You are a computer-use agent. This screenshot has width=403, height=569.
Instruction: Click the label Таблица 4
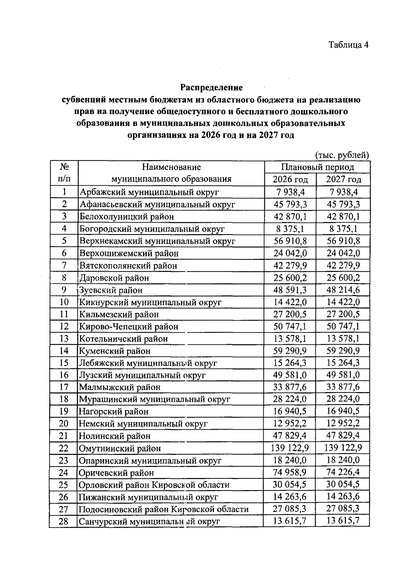pyautogui.click(x=348, y=45)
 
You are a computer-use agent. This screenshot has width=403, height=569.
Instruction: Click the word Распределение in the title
pyautogui.click(x=211, y=88)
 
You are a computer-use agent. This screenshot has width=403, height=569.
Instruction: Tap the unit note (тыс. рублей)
pyautogui.click(x=342, y=155)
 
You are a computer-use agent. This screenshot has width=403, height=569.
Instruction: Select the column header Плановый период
pyautogui.click(x=317, y=167)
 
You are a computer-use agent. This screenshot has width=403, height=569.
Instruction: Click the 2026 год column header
pyautogui.click(x=290, y=180)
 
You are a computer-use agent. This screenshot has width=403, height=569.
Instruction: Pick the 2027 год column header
pyautogui.click(x=344, y=180)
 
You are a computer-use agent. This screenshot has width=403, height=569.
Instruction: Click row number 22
pyautogui.click(x=63, y=448)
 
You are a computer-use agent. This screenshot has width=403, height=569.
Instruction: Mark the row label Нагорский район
pyautogui.click(x=114, y=412)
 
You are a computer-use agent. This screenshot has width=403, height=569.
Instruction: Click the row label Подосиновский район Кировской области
pyautogui.click(x=164, y=509)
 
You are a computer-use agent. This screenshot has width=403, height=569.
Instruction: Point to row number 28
pyautogui.click(x=63, y=521)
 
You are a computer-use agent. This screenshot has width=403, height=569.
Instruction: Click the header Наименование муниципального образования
pyautogui.click(x=171, y=173)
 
